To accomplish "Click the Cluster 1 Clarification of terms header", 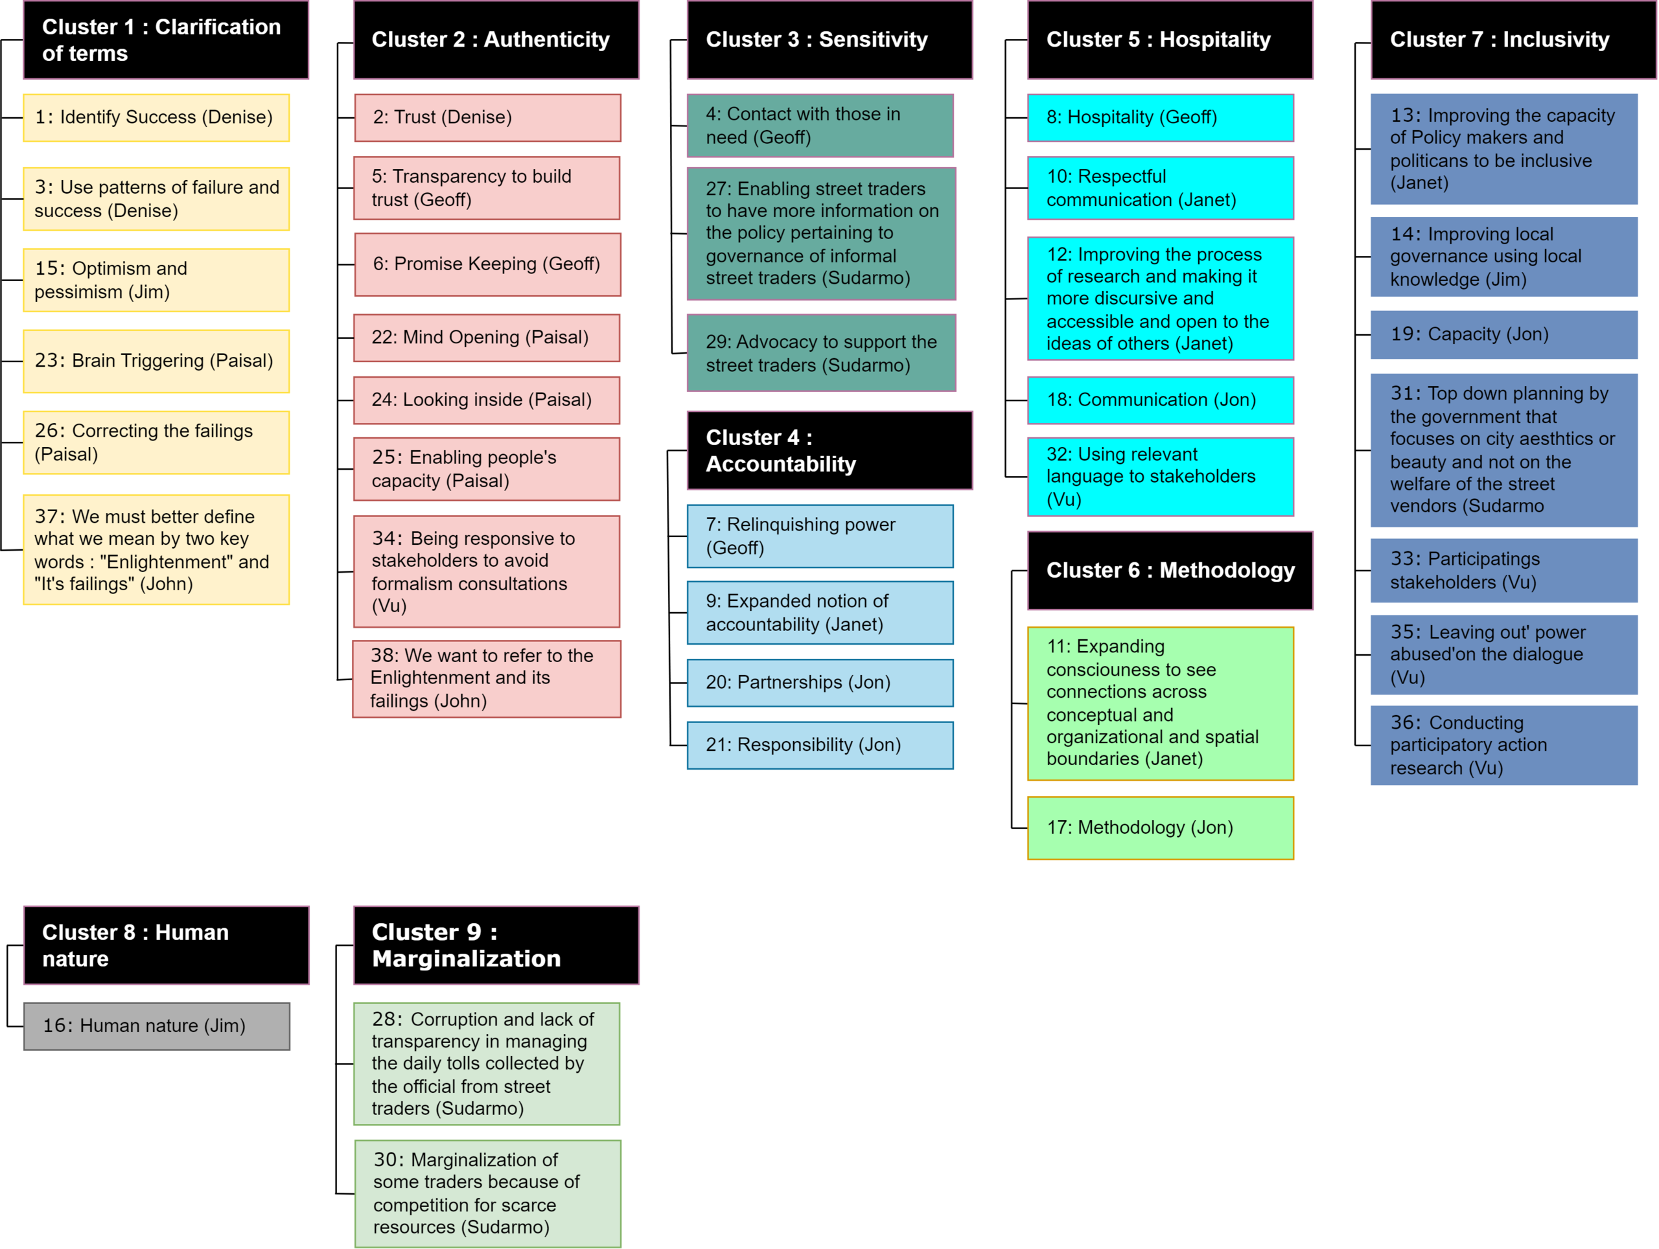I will coord(166,40).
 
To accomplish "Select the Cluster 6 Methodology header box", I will coord(1169,571).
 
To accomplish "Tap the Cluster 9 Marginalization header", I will coord(496,945).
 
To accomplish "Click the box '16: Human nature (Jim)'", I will coord(157,1026).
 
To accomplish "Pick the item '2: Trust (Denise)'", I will coord(487,118).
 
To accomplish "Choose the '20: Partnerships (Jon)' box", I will coord(820,682).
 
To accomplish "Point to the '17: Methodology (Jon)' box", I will coord(1159,828).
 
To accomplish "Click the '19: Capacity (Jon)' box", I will coord(1503,334).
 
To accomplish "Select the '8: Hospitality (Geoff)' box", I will coord(1159,118).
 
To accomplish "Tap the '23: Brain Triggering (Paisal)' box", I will coord(156,361).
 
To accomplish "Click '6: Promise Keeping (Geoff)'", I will coord(487,264).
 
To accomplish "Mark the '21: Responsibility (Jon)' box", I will coord(820,744).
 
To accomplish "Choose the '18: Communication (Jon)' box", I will coord(1159,400).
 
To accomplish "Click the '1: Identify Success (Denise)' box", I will coord(156,118).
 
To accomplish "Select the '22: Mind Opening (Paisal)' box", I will coord(487,338).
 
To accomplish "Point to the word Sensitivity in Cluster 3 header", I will coord(873,40).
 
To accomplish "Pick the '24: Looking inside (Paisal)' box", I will coord(487,400).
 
